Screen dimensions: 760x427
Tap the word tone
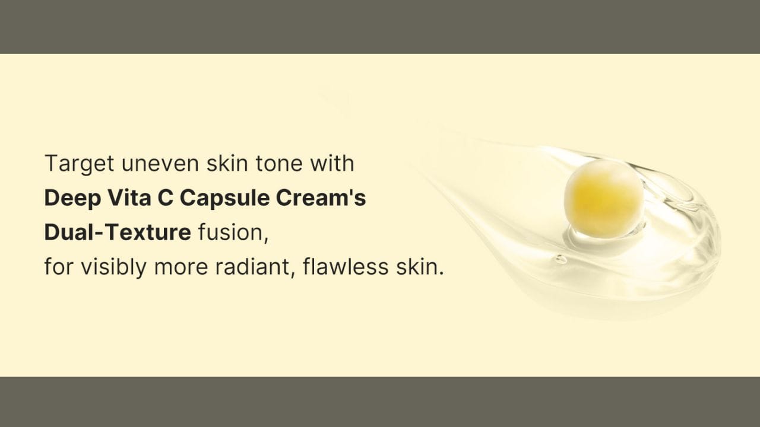278,163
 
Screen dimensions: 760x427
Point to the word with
332,163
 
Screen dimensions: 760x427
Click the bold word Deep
72,198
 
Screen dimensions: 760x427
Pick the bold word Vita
129,197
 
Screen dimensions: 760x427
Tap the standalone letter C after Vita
166,197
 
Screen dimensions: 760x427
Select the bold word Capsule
224,198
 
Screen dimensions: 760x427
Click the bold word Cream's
321,197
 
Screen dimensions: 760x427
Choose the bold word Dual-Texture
118,232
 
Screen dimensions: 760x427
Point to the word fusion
233,233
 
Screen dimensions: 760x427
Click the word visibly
113,267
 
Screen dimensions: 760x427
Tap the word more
181,267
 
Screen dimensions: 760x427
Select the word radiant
255,267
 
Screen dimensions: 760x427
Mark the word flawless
346,266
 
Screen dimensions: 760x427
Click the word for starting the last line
59,266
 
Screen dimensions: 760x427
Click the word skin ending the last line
420,266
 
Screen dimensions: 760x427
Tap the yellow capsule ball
604,198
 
